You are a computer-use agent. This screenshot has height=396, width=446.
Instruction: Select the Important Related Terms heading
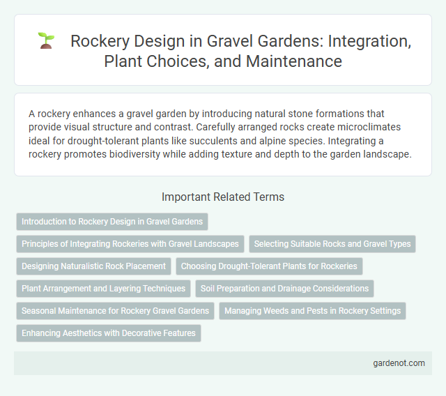(x=222, y=197)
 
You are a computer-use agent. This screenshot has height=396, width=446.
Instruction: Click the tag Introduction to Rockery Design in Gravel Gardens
(x=112, y=222)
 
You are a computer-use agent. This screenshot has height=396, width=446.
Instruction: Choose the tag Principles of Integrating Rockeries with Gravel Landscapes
(x=130, y=244)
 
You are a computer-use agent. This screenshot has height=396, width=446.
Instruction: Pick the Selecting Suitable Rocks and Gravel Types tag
(x=332, y=244)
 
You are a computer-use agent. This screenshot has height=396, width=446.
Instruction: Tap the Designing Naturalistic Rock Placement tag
(x=93, y=266)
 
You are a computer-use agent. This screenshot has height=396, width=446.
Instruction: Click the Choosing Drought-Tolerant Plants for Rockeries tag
(x=270, y=266)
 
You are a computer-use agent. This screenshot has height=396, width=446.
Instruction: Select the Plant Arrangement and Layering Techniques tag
(x=103, y=289)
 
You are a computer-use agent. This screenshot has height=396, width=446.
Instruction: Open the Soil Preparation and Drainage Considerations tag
(x=284, y=289)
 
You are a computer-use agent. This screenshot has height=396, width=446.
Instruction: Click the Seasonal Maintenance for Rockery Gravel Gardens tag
(x=115, y=311)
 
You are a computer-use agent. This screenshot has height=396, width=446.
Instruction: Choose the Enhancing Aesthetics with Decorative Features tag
(x=108, y=333)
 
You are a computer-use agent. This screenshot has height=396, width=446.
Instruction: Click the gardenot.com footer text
(x=399, y=363)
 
